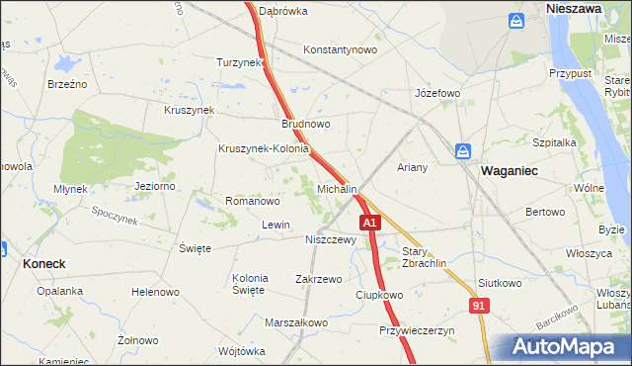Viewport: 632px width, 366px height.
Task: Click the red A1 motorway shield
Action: pos(369,224)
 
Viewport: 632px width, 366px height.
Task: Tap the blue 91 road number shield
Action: pos(478,308)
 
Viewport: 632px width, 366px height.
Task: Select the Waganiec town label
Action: pos(509,170)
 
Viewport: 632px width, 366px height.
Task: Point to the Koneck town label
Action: pos(43,264)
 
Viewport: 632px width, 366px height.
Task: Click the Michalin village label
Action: pos(337,188)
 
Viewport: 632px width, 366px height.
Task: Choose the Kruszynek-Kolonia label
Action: pos(264,149)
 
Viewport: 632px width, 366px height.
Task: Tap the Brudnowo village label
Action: pos(306,125)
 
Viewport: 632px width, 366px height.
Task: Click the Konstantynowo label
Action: pos(341,49)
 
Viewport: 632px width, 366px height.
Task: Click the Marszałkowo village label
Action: pos(296,322)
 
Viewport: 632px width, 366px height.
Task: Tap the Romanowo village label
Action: pos(254,201)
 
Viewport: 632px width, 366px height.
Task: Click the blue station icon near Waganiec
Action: pos(463,151)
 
